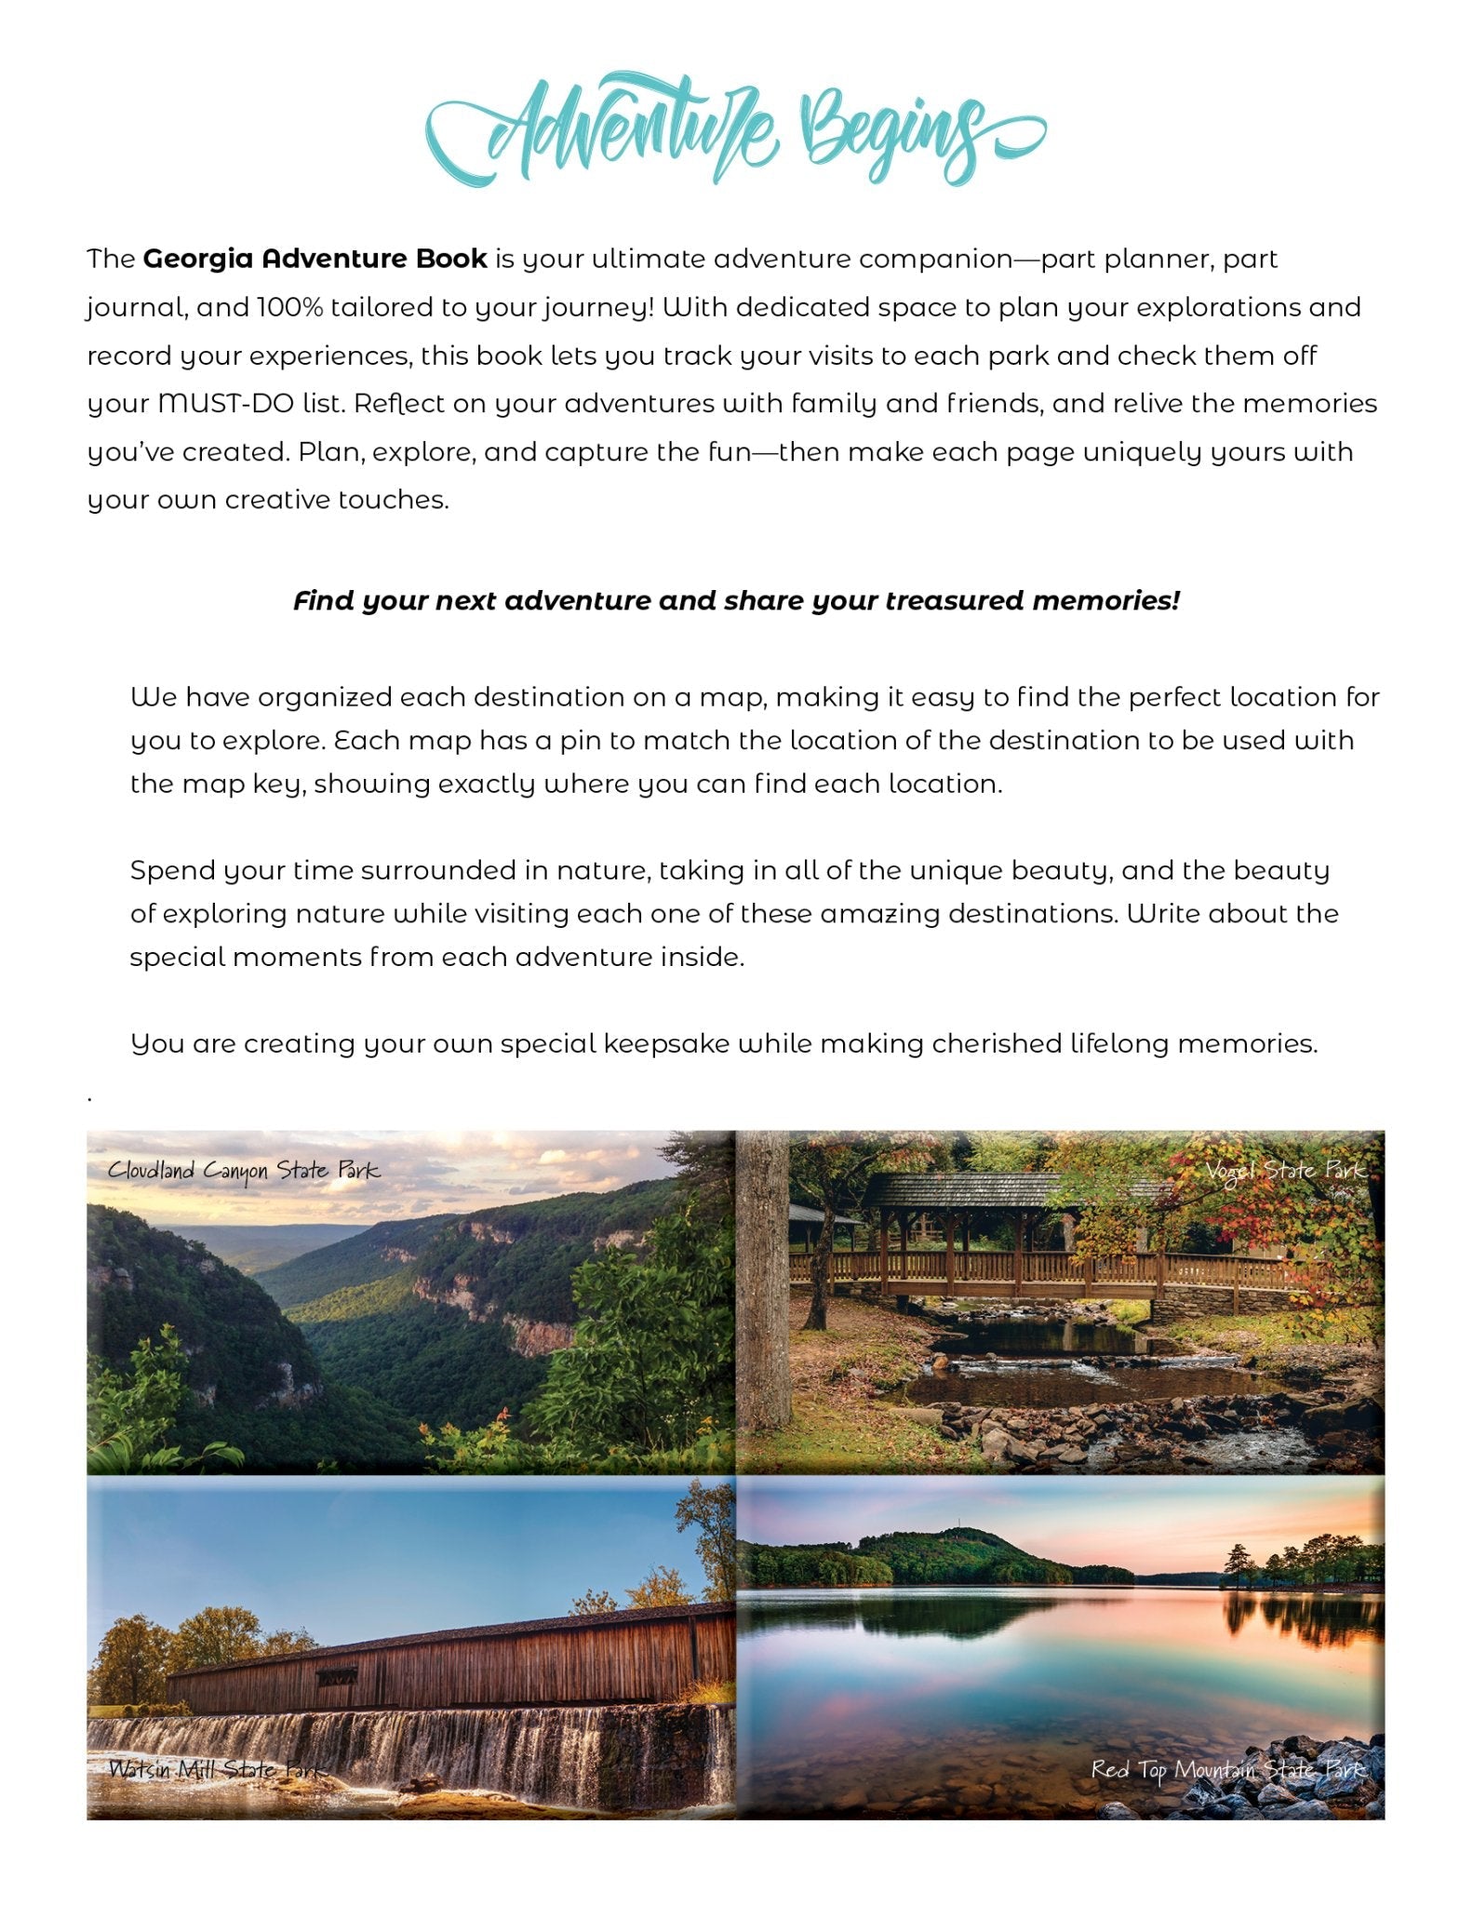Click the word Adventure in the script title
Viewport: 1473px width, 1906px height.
(x=633, y=130)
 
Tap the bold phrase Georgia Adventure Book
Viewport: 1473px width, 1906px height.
(x=315, y=259)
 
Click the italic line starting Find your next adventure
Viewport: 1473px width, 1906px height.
(x=736, y=601)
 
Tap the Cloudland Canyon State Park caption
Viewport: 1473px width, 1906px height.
(x=244, y=1171)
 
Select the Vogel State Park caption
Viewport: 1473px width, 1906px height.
(x=1285, y=1171)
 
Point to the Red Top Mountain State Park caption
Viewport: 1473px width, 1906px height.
(x=1228, y=1769)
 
